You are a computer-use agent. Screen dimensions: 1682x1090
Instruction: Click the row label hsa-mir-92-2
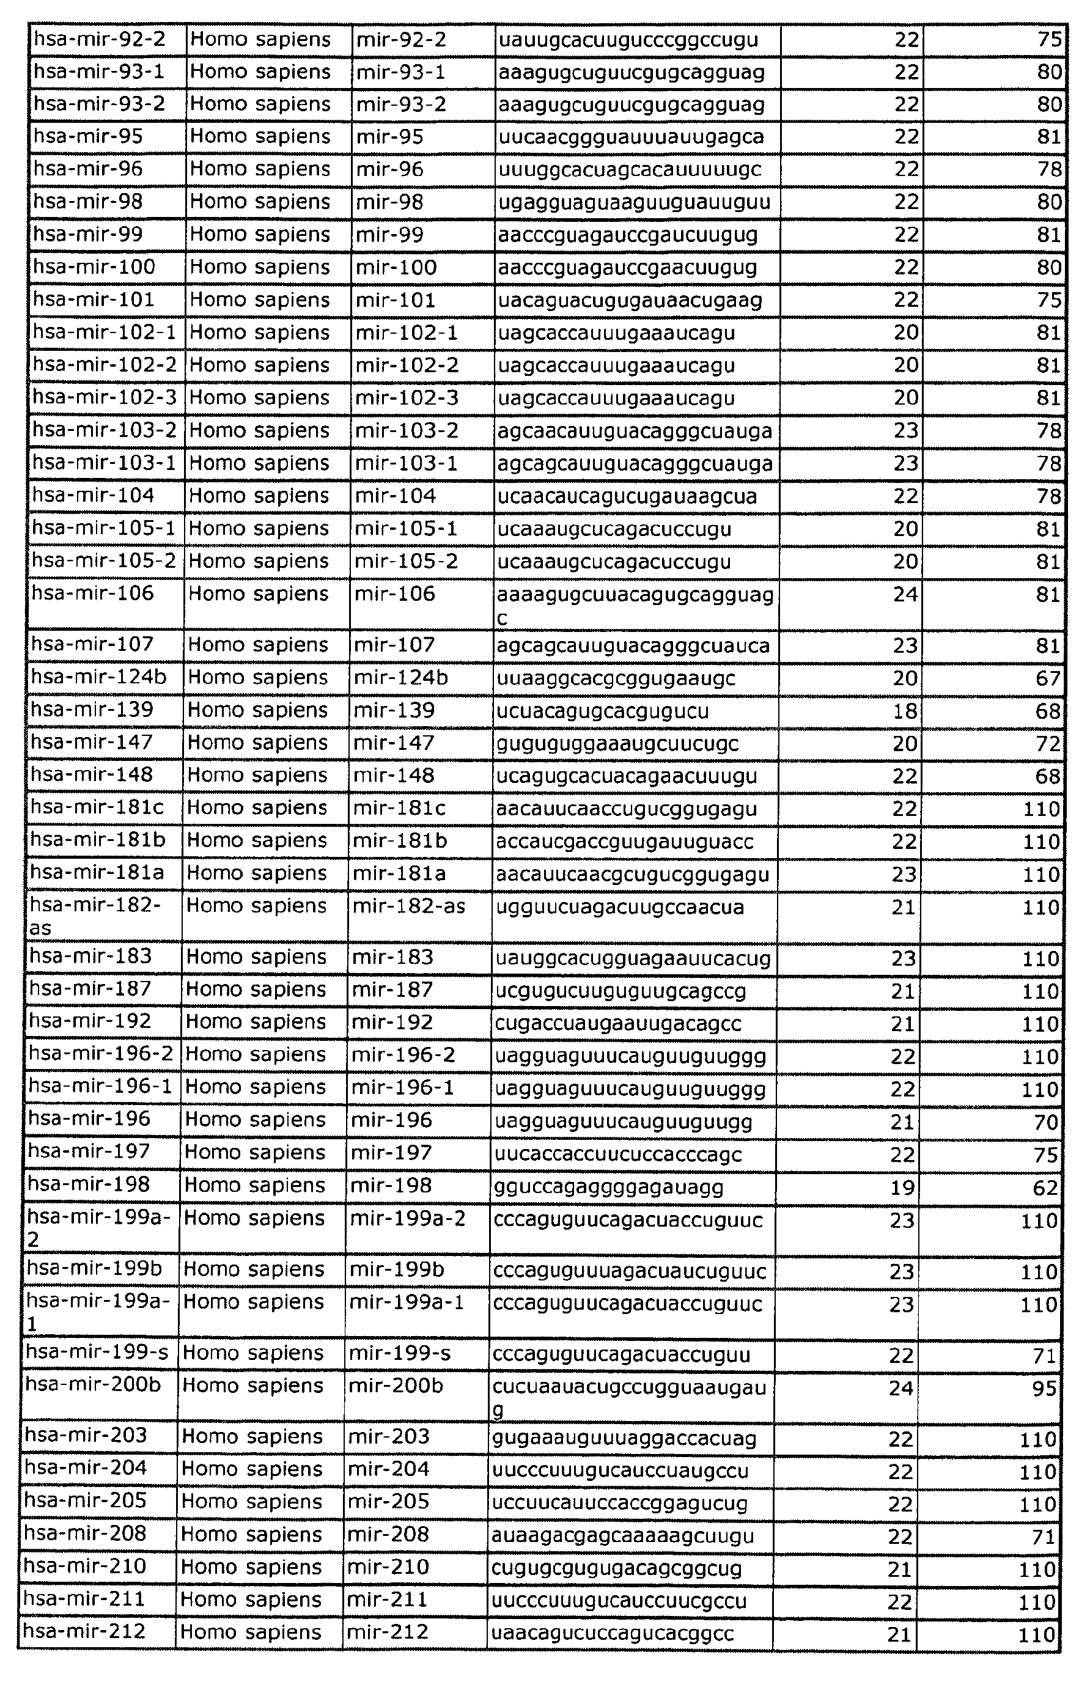click(100, 39)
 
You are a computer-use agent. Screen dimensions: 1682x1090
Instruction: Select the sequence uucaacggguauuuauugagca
click(630, 136)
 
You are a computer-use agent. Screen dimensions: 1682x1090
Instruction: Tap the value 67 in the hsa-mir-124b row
click(1048, 678)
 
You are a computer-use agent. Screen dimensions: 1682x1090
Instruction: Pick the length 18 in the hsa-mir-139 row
click(905, 711)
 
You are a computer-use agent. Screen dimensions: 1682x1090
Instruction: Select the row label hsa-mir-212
click(84, 1632)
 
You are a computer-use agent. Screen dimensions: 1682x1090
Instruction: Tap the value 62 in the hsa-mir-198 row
click(1045, 1188)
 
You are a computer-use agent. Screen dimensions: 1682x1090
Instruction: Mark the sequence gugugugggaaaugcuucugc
click(617, 743)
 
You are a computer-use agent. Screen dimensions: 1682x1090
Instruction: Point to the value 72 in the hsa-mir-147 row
click(1048, 743)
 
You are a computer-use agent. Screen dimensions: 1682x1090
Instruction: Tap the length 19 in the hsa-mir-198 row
click(902, 1188)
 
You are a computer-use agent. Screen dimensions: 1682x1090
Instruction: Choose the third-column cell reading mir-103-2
click(407, 430)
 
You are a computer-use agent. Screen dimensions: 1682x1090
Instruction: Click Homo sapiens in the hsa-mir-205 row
click(252, 1502)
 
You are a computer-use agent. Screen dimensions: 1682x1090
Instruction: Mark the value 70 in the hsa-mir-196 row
click(1045, 1122)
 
